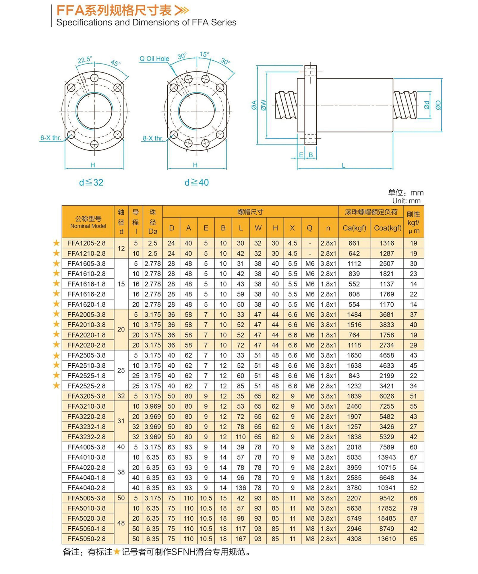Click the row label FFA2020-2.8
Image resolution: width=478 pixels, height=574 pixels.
(x=86, y=345)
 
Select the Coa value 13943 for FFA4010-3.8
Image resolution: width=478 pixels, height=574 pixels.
(x=386, y=457)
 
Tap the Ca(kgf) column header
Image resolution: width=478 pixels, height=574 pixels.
(x=354, y=228)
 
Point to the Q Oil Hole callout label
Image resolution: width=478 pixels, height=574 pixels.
(x=154, y=59)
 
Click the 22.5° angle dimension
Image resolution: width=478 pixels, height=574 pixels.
(x=84, y=60)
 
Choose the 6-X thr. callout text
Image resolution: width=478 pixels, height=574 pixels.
(x=51, y=138)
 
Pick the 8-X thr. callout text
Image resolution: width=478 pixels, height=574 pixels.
(x=153, y=138)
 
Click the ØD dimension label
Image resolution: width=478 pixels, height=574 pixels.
(x=438, y=105)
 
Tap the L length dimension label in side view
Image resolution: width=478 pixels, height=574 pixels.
(x=343, y=166)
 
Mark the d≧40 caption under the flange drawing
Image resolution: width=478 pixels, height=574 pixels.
(x=197, y=183)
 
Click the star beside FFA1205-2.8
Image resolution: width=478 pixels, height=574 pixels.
(x=56, y=243)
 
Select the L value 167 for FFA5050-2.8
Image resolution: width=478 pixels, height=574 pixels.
(x=240, y=539)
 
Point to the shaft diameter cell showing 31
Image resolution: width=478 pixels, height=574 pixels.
(x=121, y=421)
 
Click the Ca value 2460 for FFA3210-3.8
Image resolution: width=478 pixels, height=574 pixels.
(x=354, y=406)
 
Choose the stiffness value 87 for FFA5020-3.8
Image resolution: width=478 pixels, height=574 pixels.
(x=413, y=518)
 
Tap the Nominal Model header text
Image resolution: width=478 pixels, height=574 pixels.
(x=88, y=226)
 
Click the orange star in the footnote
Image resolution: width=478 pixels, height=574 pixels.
(x=117, y=552)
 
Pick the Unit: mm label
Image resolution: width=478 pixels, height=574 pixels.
(x=406, y=201)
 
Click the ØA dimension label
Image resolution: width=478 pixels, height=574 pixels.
(x=254, y=105)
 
